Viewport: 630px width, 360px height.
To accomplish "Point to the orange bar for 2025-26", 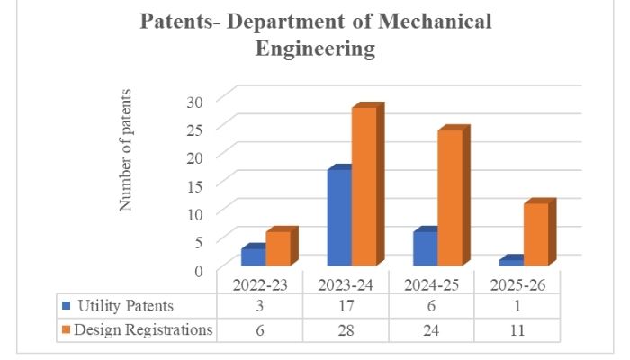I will [535, 234].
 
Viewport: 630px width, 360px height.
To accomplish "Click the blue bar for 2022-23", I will [253, 256].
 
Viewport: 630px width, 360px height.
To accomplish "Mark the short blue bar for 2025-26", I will [510, 261].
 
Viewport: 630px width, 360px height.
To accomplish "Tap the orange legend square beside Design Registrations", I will [64, 329].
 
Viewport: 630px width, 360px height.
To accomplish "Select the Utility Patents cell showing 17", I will [347, 306].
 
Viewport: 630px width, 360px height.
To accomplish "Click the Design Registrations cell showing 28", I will [347, 329].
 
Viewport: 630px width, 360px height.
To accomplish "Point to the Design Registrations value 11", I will [517, 329].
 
